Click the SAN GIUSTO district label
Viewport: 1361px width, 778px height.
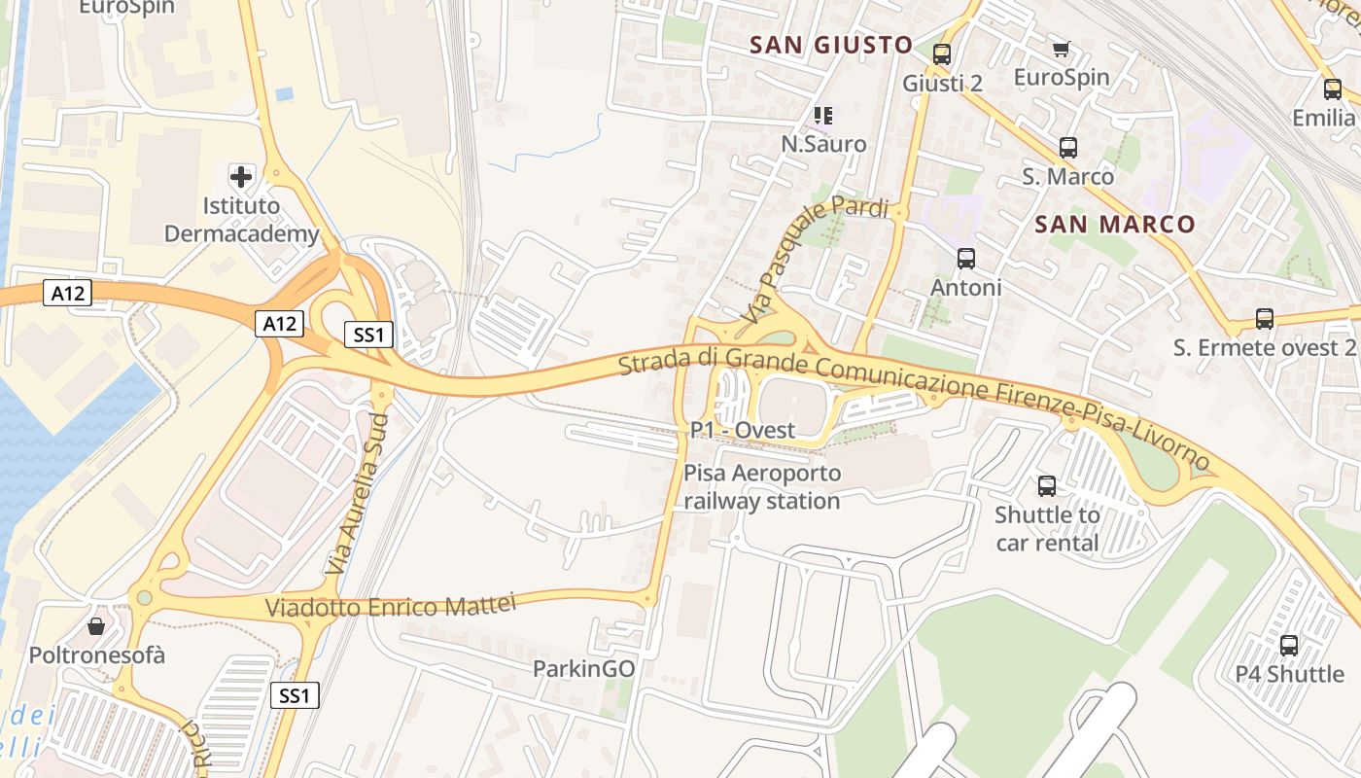point(831,45)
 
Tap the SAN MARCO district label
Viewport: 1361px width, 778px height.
point(1114,225)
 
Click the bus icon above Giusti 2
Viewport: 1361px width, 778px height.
point(941,54)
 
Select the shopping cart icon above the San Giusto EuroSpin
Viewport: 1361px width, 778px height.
point(1061,49)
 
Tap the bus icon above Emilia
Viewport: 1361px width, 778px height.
point(1332,89)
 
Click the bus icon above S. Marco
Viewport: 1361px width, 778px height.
point(1067,148)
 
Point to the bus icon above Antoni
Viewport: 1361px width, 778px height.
point(965,259)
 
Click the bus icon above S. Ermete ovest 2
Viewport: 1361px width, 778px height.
point(1264,319)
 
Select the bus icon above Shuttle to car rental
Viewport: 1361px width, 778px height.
point(1046,486)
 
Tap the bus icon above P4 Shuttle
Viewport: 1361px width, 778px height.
point(1289,646)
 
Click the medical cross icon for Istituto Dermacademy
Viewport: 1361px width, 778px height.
point(240,177)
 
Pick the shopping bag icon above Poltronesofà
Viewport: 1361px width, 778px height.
point(96,626)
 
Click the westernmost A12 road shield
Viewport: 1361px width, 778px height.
point(67,293)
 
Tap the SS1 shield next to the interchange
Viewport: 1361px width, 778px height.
point(369,336)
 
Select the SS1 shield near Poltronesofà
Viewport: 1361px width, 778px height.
point(295,695)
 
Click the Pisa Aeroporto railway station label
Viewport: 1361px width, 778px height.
point(761,487)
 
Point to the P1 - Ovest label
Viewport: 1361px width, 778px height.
point(743,430)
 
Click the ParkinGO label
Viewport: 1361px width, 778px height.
point(583,669)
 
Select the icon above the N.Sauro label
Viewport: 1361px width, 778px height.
point(823,116)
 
